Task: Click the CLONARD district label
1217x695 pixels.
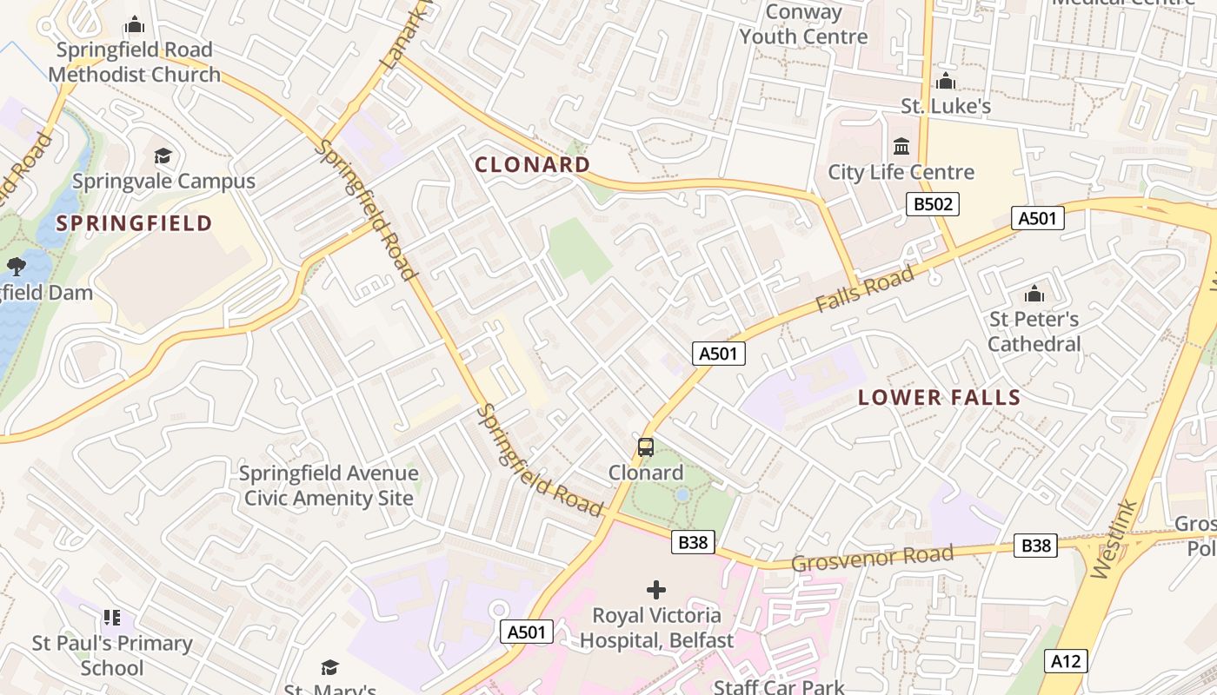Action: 532,164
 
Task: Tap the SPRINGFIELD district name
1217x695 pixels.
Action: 134,223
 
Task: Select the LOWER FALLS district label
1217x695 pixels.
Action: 939,398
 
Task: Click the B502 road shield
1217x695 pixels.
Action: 933,204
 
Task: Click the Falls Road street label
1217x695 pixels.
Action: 865,289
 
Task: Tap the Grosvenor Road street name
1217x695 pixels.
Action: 872,558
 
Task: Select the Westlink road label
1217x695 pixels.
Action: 1114,539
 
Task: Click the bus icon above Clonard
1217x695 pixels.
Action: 645,447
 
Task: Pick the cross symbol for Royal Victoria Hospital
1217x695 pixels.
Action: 656,591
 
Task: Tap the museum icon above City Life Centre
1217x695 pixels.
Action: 901,146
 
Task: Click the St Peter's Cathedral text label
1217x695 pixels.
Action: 1034,332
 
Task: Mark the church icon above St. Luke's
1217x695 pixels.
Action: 945,82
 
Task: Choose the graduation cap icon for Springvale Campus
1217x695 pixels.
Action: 163,156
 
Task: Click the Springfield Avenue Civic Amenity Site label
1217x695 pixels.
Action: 329,486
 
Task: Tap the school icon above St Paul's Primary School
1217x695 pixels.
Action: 111,618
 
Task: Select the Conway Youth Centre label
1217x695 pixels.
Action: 803,24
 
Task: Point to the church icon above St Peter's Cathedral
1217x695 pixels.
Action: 1034,294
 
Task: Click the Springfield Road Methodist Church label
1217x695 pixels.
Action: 134,62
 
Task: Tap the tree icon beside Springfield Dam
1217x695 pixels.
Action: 16,265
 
